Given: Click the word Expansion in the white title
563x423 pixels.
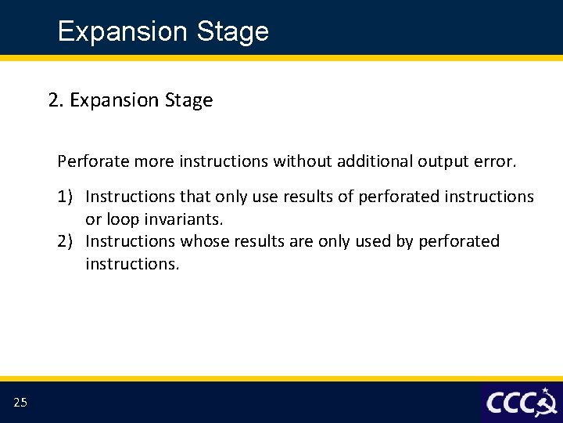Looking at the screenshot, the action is pos(123,31).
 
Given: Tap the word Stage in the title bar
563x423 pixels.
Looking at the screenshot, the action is pos(233,32).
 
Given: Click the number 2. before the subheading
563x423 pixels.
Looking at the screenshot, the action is pos(56,99).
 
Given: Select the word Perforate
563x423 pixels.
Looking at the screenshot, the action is pos(93,161).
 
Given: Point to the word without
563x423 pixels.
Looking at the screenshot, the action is pos(303,161).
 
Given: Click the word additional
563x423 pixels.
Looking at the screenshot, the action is pos(375,161).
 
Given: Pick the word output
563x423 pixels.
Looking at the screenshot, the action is pos(443,161).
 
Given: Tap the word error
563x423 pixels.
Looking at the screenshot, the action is pos(495,161).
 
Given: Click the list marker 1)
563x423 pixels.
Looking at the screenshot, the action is pos(65,197).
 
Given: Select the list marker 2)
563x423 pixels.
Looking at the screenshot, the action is pos(65,241).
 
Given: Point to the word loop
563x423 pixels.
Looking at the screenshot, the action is pos(124,219).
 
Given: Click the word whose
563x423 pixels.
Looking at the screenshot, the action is pos(205,241).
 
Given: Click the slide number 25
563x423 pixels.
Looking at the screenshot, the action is pos(20,402).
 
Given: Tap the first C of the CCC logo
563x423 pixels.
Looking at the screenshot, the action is pos(494,403).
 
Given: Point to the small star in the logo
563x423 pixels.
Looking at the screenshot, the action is pos(546,391).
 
